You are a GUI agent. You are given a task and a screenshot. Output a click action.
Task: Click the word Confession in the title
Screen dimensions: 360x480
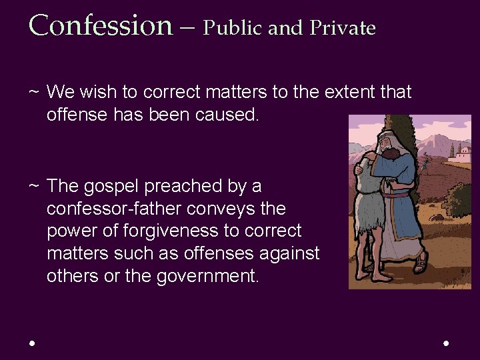click(x=101, y=25)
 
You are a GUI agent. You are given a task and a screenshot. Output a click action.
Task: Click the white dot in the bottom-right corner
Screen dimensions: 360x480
click(x=446, y=343)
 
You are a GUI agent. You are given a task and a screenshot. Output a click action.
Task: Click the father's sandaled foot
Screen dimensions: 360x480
click(x=421, y=263)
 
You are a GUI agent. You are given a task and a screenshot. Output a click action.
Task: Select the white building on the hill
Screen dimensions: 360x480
click(x=461, y=155)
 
